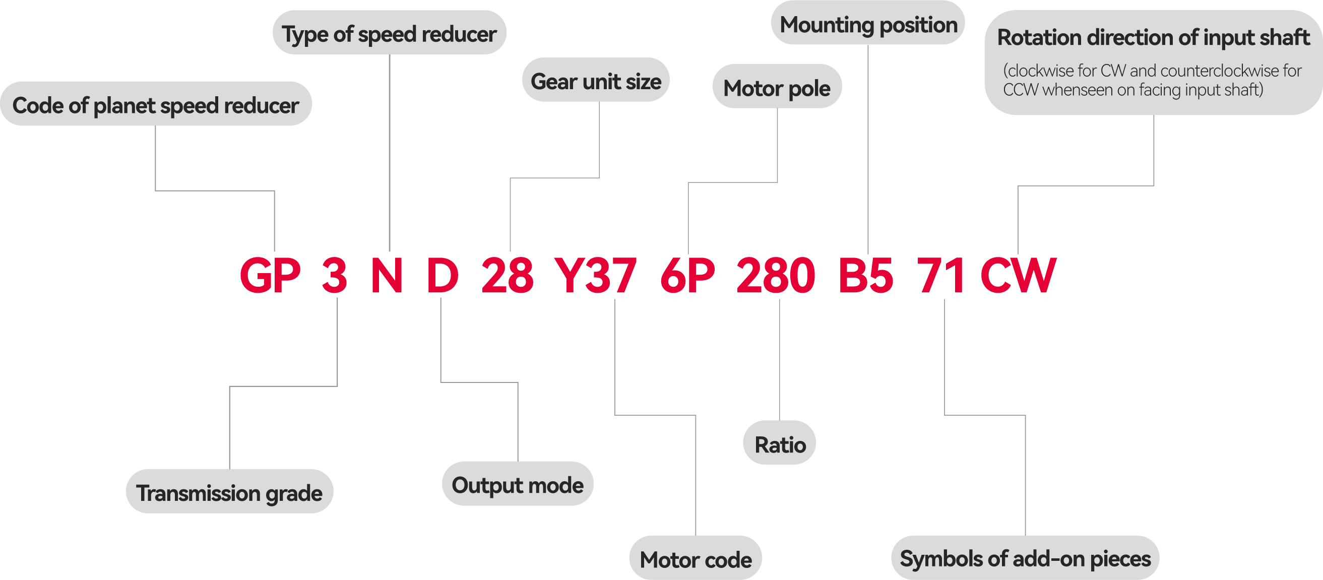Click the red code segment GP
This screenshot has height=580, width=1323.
(x=270, y=276)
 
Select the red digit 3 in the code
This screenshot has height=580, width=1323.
(x=334, y=276)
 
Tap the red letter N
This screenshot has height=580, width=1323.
(x=386, y=276)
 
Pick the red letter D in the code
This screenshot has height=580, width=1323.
(x=442, y=276)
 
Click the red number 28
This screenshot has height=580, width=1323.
(x=507, y=276)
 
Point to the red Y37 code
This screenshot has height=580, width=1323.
(x=595, y=276)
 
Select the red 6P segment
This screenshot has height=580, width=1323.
(x=687, y=276)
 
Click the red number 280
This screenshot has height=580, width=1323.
(x=776, y=276)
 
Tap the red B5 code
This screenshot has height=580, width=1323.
(x=866, y=276)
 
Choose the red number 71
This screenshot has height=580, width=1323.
(x=941, y=276)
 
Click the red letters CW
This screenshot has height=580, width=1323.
(x=1018, y=276)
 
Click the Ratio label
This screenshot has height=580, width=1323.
(x=780, y=444)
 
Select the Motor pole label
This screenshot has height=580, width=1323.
(x=777, y=88)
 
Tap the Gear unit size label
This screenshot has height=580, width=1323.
(x=596, y=81)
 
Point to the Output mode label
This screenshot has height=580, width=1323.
(x=517, y=485)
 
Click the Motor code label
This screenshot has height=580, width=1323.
(x=696, y=559)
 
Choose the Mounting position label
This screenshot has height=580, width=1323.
(x=868, y=25)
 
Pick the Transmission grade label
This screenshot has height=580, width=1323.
(x=229, y=493)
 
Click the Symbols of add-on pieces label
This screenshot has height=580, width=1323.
(x=1025, y=558)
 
